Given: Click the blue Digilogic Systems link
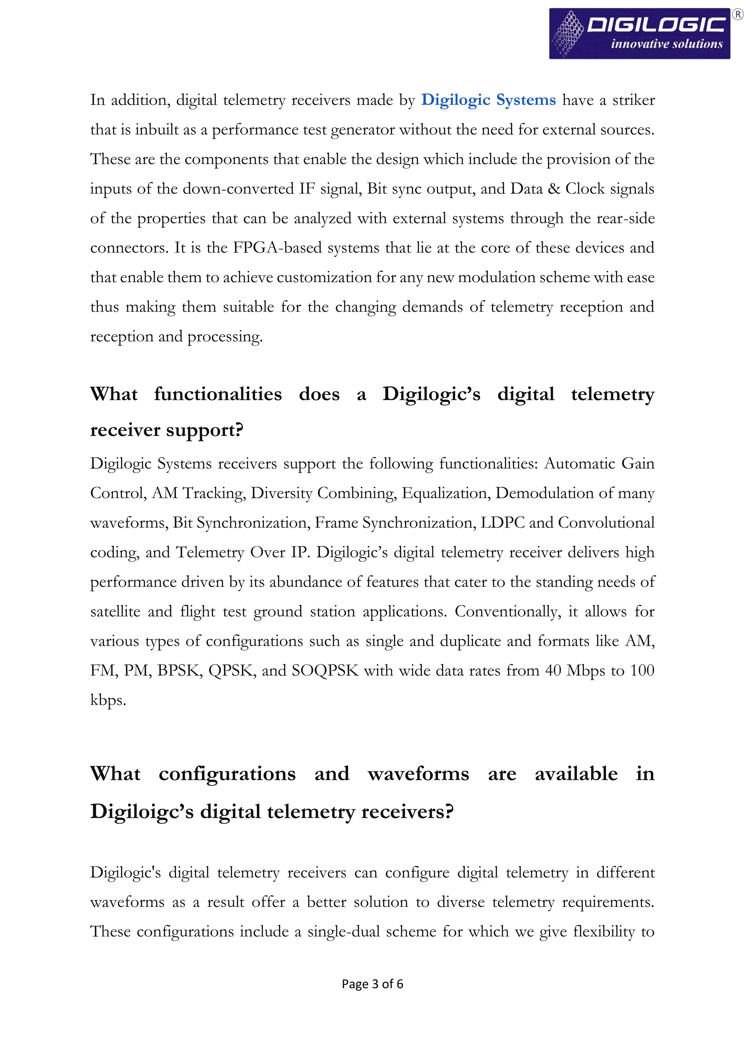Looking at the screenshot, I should pos(488,100).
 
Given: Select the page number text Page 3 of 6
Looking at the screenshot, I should pos(372,984).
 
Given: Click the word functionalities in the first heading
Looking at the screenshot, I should pos(218,395).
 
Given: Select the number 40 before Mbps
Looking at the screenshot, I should pos(553,670).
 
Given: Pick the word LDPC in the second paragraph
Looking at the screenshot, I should pos(502,523).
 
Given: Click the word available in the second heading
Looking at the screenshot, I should pos(576,774).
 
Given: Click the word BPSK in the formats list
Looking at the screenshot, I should pos(179,670).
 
